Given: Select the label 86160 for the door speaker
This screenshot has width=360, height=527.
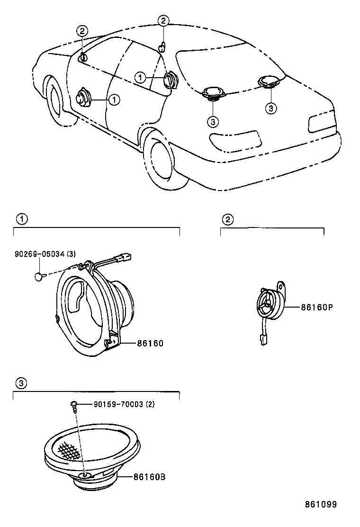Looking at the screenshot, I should coord(150,343).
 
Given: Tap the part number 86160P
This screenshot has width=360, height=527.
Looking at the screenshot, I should coord(317,307).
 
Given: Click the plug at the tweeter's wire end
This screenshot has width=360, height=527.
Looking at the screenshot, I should coord(261,339).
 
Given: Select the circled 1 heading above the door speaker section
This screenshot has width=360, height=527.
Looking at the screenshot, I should coord(21,219).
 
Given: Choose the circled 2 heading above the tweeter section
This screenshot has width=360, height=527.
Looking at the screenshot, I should coord(228,219).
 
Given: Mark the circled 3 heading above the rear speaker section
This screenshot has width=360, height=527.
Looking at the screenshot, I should coord(21,383).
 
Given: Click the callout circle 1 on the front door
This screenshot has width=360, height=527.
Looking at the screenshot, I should coord(114,100).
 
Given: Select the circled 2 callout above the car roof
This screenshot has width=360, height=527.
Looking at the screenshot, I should coord(162,20).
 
